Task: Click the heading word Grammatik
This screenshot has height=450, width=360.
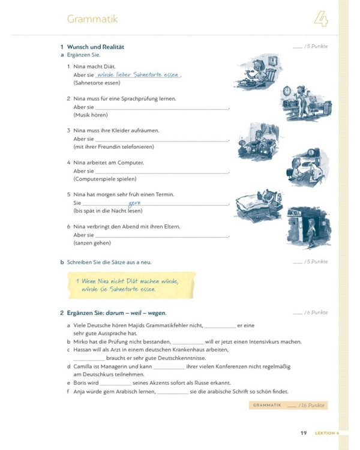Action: point(92,19)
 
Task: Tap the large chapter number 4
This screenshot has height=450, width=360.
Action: point(321,19)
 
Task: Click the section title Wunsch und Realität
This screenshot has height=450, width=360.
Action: point(95,47)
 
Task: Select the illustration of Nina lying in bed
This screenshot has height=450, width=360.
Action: point(258,205)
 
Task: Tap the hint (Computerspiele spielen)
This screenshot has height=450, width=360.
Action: point(105,179)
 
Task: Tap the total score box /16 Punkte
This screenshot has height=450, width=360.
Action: point(288,406)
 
